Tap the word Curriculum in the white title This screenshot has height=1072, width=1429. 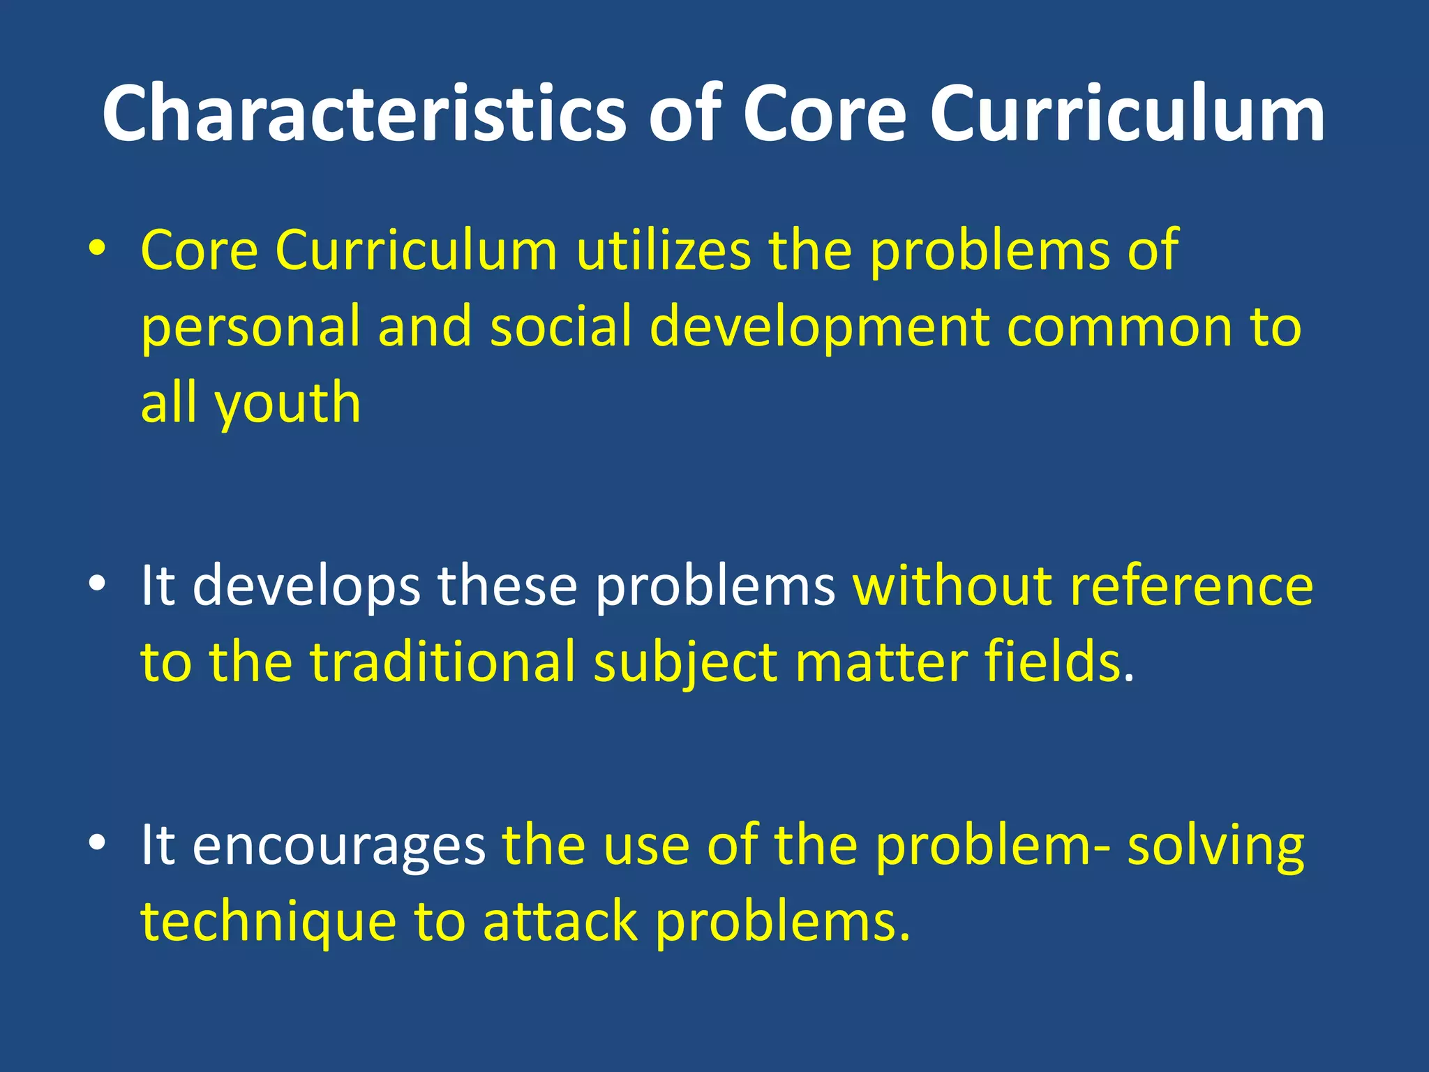1127,113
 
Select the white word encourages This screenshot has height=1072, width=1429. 338,845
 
